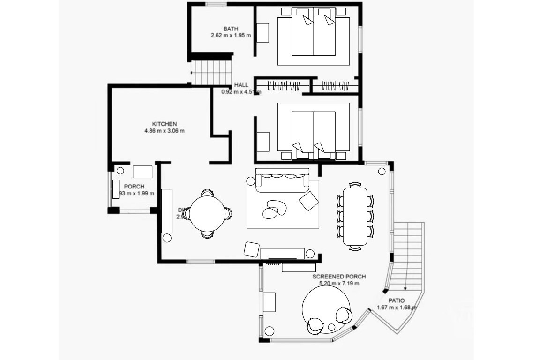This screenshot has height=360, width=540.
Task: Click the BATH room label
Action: point(231,29)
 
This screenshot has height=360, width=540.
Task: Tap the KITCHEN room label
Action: point(164,124)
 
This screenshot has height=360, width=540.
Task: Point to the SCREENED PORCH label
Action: point(339,277)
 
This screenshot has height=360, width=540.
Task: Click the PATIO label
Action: point(396,300)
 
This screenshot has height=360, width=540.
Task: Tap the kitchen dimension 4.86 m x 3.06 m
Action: point(164,131)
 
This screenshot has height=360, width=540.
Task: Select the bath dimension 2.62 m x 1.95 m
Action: point(231,35)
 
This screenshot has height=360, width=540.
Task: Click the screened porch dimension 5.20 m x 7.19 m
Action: point(339,283)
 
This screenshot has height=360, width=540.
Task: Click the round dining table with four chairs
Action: point(207,213)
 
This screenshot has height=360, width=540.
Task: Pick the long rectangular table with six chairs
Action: point(355,216)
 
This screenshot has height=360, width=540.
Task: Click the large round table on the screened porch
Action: point(326,307)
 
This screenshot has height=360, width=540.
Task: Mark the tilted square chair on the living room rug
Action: point(308,201)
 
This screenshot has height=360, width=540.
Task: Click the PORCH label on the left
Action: point(134,187)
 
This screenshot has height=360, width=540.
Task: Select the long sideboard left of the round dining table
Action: point(167,211)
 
